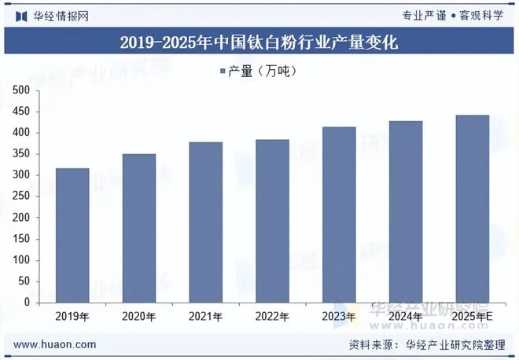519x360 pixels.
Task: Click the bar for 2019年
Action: tap(72, 235)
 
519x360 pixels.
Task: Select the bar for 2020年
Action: tap(139, 228)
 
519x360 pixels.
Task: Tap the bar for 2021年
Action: tap(205, 222)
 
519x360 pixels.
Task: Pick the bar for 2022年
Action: tap(272, 221)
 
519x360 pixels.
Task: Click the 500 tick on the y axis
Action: tap(21, 90)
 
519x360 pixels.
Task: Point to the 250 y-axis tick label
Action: tap(21, 197)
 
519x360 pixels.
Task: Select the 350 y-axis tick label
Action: tap(21, 154)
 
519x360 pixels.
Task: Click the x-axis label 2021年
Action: tap(205, 316)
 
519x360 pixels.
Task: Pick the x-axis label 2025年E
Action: tap(473, 316)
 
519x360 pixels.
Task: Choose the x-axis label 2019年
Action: tap(72, 316)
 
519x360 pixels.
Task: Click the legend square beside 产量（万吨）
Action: tap(222, 72)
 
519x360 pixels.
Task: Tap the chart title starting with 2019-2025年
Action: tap(259, 43)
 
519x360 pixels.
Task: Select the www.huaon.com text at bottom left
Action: tap(55, 344)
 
